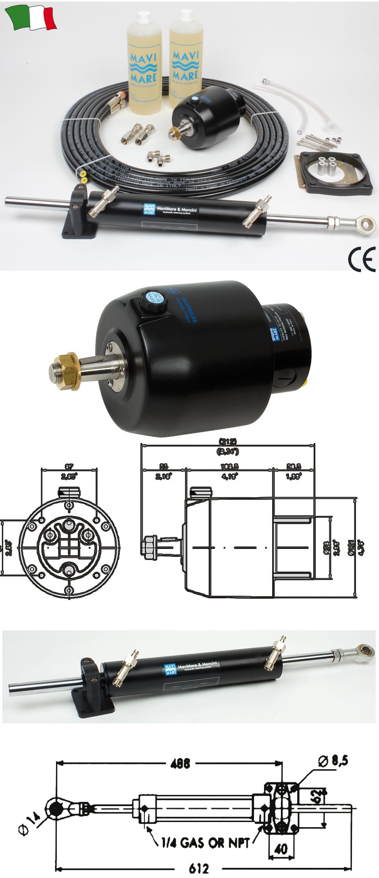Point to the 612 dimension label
pos(198,869)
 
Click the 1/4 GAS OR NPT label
pos(205,842)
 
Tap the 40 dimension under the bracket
pos(281,849)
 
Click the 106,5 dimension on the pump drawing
pos(229,466)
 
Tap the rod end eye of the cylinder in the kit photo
pos(366,224)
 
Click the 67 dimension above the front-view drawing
pos(69,466)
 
